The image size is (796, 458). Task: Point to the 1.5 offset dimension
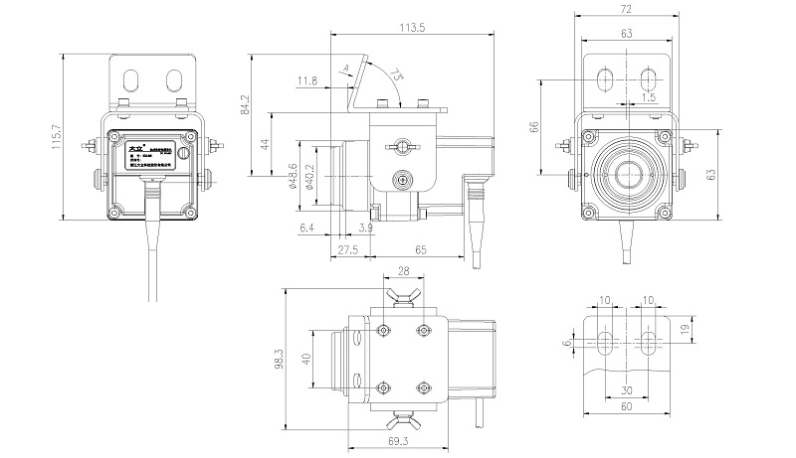pyautogui.click(x=649, y=97)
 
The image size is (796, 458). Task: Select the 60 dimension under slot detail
pyautogui.click(x=627, y=406)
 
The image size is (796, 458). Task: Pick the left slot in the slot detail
pyautogui.click(x=606, y=343)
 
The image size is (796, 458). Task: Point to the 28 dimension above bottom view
pyautogui.click(x=402, y=269)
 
